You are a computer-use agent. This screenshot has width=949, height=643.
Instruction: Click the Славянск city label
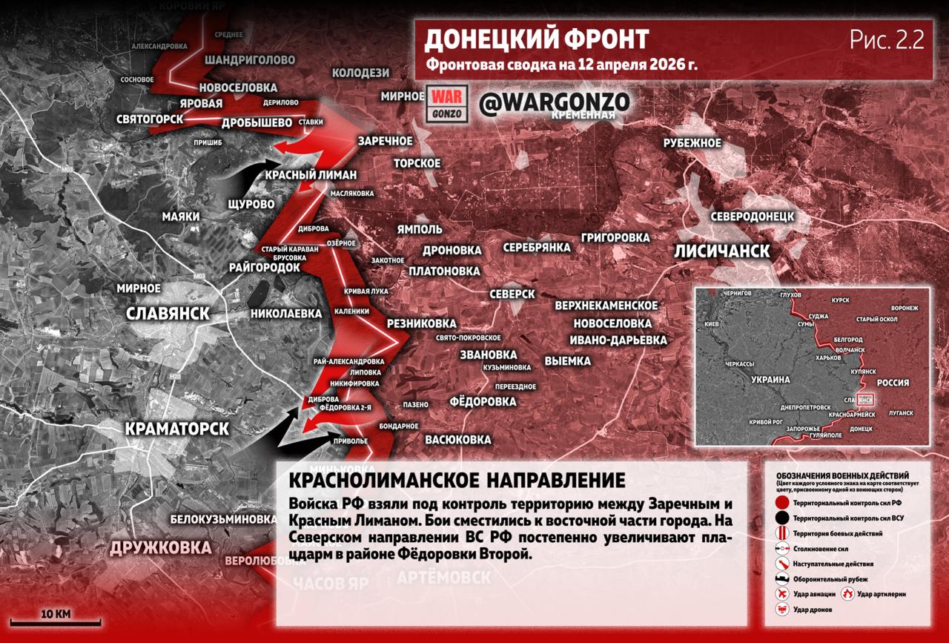(168, 313)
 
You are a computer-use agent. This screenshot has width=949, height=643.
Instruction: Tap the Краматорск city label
(177, 429)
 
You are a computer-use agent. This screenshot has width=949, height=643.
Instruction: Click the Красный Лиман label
(311, 175)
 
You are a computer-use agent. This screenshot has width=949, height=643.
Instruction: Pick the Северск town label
(512, 294)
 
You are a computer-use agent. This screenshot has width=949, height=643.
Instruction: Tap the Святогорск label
(150, 119)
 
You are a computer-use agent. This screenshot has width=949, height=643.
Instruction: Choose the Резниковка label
(421, 324)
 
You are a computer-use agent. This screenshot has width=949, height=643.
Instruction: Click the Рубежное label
(692, 143)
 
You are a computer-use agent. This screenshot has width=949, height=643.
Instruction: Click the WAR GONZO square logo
(446, 104)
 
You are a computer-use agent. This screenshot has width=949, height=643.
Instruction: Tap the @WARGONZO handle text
(554, 103)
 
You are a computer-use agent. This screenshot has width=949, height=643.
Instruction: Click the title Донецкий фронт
(537, 39)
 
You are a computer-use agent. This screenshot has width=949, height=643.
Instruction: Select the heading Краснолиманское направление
(457, 480)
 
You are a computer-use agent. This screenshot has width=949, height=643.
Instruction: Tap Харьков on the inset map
(830, 357)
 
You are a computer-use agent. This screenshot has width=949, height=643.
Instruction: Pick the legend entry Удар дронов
(811, 609)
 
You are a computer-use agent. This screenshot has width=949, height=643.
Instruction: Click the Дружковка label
(160, 548)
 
